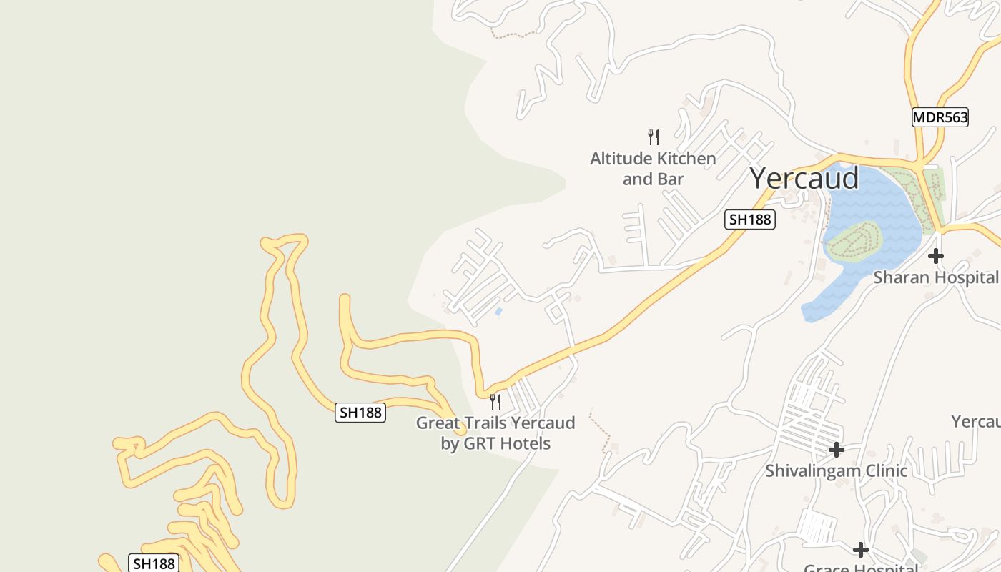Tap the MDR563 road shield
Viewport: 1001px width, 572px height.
940,117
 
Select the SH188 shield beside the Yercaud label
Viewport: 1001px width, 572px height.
749,220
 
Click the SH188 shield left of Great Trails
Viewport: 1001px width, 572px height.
360,412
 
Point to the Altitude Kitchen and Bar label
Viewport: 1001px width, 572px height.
653,169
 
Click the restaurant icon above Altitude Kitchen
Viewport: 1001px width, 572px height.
653,137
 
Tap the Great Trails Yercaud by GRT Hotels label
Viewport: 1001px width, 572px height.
495,433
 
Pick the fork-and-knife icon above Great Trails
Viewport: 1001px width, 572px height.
495,401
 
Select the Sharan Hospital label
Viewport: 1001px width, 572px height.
935,277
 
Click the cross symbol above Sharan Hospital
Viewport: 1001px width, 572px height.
935,255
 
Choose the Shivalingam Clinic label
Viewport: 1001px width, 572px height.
836,470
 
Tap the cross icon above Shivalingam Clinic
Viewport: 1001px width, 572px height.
836,450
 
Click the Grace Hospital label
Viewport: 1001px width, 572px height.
860,568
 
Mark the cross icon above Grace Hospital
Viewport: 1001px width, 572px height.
860,550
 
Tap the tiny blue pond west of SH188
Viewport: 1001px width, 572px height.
498,312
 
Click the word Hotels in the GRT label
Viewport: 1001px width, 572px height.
525,444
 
